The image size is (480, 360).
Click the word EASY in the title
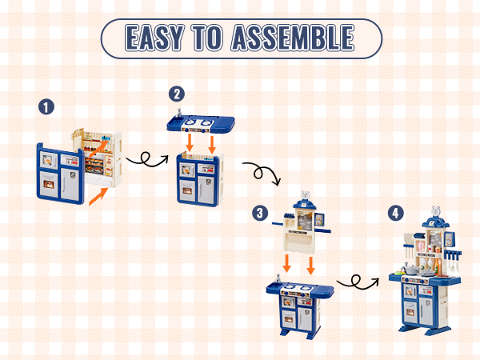tap(154, 38)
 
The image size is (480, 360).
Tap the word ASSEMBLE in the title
tap(293, 38)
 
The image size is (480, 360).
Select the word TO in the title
tap(207, 38)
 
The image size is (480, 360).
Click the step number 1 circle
tap(46, 107)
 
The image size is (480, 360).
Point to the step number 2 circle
tap(177, 94)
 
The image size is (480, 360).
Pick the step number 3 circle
tap(260, 213)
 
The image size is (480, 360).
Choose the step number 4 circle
tap(395, 213)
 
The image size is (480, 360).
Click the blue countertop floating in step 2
tap(201, 124)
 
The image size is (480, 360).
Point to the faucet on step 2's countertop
tap(178, 113)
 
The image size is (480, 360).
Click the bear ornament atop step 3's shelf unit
tap(305, 195)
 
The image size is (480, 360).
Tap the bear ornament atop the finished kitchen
tap(436, 210)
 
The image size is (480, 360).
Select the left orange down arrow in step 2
tap(190, 142)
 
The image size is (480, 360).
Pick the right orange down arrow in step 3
tap(310, 266)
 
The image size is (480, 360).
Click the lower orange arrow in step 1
tap(98, 197)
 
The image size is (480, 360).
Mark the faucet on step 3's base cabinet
tap(278, 278)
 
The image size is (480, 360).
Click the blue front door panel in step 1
tap(60, 174)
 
